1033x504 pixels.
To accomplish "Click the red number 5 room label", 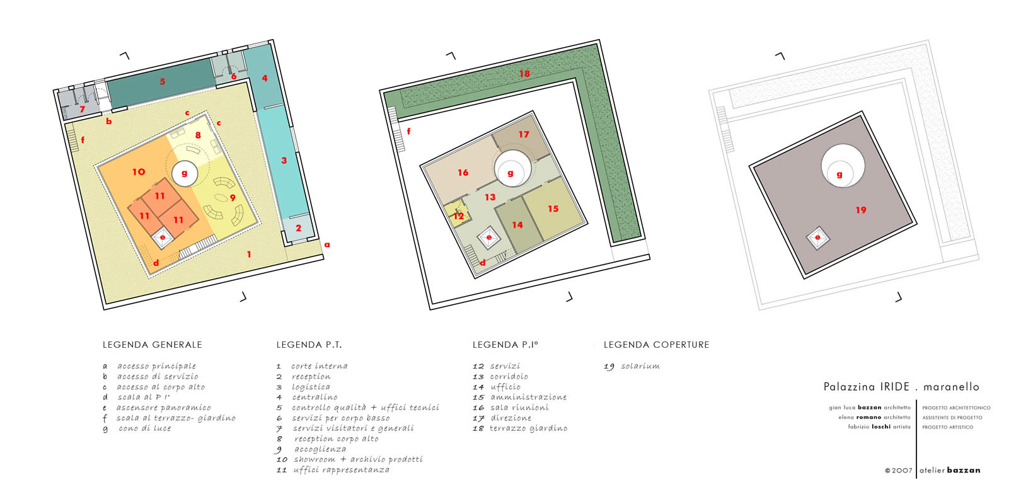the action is coord(163,82).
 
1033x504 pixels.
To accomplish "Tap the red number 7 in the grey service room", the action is coord(82,109).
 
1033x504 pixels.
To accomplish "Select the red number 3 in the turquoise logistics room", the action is coord(284,161).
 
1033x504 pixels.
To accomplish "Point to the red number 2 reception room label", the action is coord(298,228).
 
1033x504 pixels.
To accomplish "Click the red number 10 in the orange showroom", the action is coord(139,172).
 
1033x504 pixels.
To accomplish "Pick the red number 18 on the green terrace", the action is coord(524,74).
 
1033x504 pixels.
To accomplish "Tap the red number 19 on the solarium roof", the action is coord(860,210).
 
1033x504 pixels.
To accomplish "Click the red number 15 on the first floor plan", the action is coord(553,209).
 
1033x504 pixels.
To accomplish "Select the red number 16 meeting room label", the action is coord(463,173).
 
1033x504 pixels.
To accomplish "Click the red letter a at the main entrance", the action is coord(327,245).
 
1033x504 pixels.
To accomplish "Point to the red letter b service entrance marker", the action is coord(109,121).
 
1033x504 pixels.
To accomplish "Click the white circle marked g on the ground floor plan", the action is coord(185,174).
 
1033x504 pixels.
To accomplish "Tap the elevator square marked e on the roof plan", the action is coord(817,238).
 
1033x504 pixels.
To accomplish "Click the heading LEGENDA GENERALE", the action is coord(152,345).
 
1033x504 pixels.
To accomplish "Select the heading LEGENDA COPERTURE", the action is coord(656,345).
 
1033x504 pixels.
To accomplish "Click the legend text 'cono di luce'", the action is coord(144,428).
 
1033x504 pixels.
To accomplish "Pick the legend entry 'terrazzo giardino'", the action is coord(528,428).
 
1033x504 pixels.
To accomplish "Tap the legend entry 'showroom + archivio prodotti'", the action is coord(358,459).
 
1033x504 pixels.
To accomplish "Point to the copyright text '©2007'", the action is coord(898,471).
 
